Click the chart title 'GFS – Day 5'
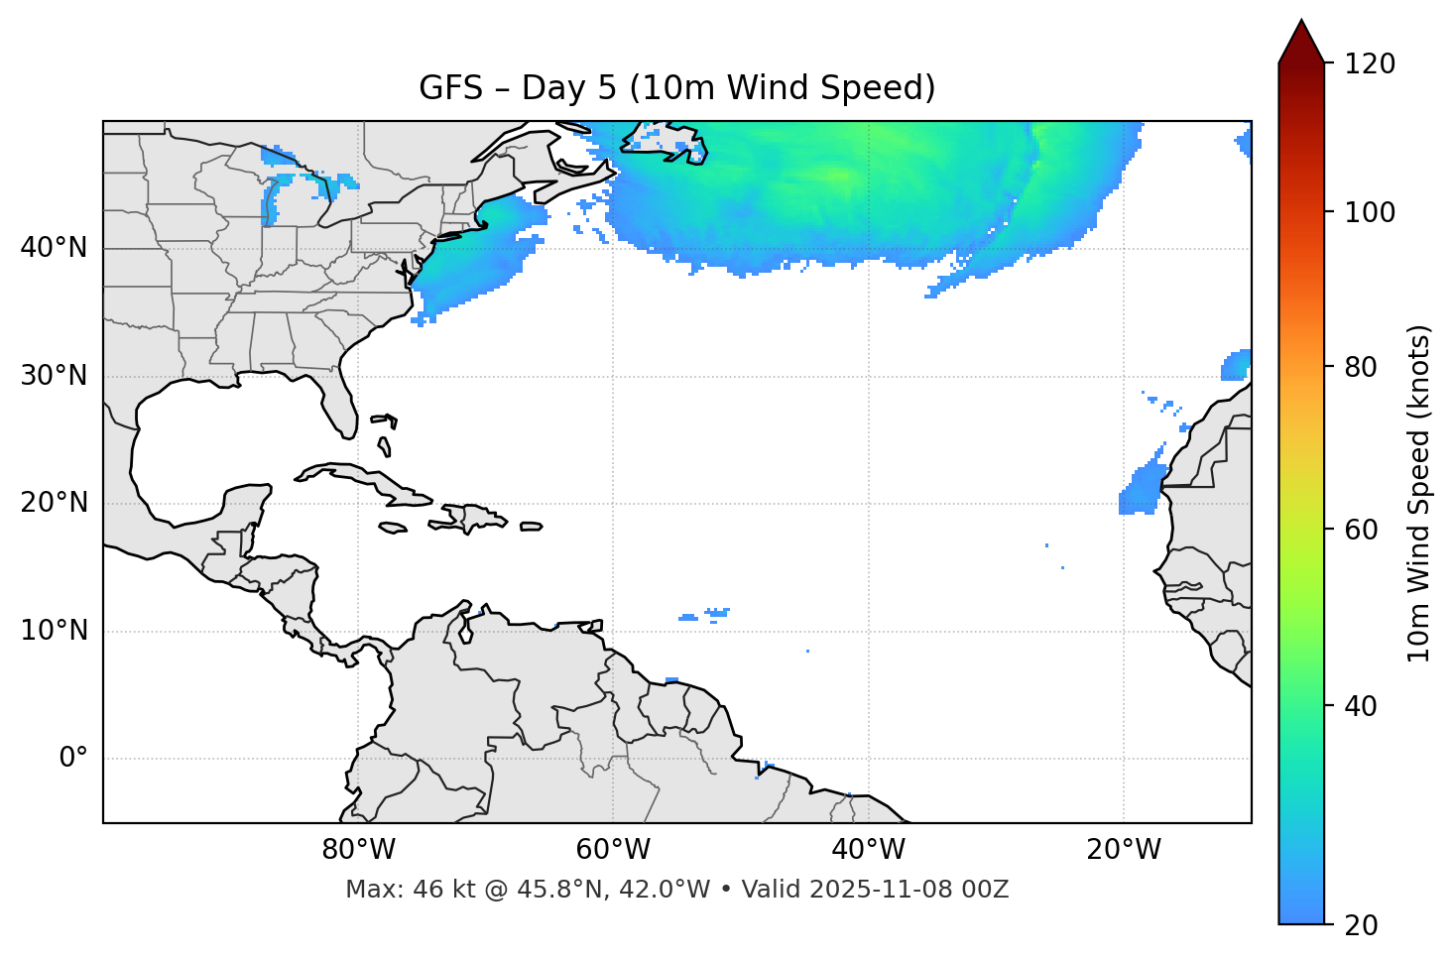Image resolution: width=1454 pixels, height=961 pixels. pyautogui.click(x=676, y=88)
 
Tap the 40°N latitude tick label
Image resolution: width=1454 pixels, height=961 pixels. pyautogui.click(x=54, y=248)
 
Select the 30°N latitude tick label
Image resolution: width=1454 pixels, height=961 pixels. pyautogui.click(x=54, y=376)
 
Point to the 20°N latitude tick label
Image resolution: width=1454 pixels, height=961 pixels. pyautogui.click(x=54, y=503)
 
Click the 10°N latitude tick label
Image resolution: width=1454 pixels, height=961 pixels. pyautogui.click(x=54, y=631)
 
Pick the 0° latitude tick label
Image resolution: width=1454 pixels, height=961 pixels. pyautogui.click(x=73, y=759)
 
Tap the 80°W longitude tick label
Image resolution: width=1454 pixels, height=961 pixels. pyautogui.click(x=358, y=850)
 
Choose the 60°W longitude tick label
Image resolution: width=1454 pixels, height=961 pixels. pyautogui.click(x=613, y=850)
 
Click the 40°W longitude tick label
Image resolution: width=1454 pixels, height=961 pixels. pyautogui.click(x=868, y=850)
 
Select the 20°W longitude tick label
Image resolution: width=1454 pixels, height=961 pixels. pyautogui.click(x=1123, y=850)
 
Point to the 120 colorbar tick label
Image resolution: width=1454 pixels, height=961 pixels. pyautogui.click(x=1370, y=64)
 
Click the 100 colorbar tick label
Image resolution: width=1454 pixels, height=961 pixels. pyautogui.click(x=1370, y=213)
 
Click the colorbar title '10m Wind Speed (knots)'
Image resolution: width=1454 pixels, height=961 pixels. pyautogui.click(x=1419, y=494)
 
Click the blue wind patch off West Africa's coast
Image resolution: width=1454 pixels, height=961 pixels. pyautogui.click(x=1143, y=489)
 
